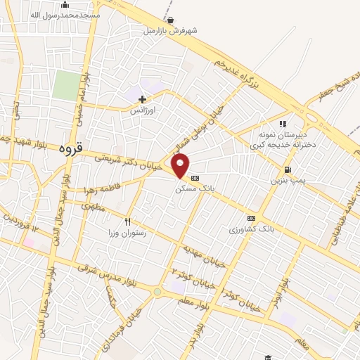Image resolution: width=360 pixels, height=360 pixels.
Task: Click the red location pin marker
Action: pos(181,166)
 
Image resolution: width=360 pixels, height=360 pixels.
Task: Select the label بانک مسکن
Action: pos(193,188)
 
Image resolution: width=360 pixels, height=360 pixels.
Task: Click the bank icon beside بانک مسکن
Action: pos(195,177)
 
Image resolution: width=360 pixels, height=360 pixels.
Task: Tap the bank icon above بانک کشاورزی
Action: pos(252,218)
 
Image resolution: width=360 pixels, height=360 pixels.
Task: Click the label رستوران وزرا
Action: pos(127,232)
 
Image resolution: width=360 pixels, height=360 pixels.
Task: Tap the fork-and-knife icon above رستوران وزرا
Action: pos(128,221)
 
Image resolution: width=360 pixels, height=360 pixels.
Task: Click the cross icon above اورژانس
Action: pos(143,99)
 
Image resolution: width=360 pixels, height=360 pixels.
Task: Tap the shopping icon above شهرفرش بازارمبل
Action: pos(173,20)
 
